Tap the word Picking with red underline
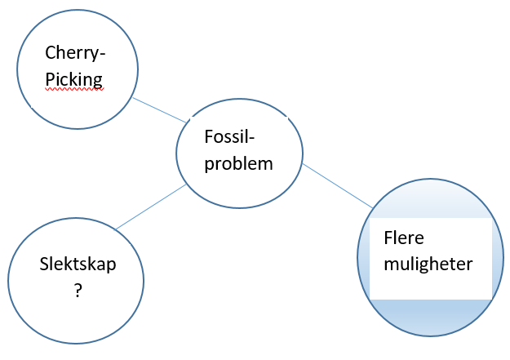74,80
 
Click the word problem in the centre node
238,163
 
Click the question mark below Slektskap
78,289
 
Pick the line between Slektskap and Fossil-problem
151,207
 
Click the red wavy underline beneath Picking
74,91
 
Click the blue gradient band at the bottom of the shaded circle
431,317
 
